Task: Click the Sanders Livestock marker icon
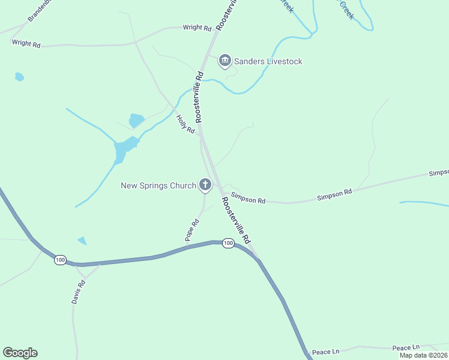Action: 224,61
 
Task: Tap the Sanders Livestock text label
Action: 268,61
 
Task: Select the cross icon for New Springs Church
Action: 205,185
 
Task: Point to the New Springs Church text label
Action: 158,185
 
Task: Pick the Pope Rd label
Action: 192,231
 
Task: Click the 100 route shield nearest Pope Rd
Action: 228,243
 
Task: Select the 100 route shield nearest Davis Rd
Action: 59,260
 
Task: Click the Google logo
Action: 20,353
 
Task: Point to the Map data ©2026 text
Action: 423,355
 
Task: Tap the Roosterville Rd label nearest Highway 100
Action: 236,220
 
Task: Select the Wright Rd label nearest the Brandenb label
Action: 26,43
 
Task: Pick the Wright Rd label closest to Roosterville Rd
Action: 197,28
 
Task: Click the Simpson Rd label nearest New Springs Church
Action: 248,199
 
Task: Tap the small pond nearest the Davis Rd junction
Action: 82,241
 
